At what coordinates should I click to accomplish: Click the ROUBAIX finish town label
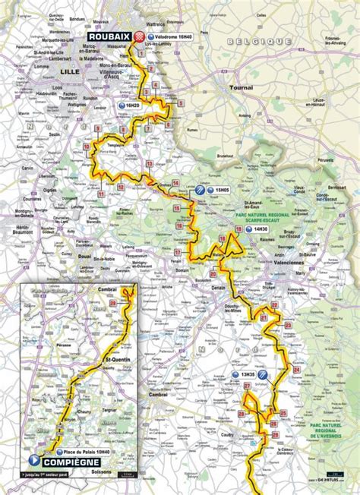[x=109, y=36]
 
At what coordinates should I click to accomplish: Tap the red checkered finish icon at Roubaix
[x=140, y=36]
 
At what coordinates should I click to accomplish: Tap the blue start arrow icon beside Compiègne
[x=32, y=460]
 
